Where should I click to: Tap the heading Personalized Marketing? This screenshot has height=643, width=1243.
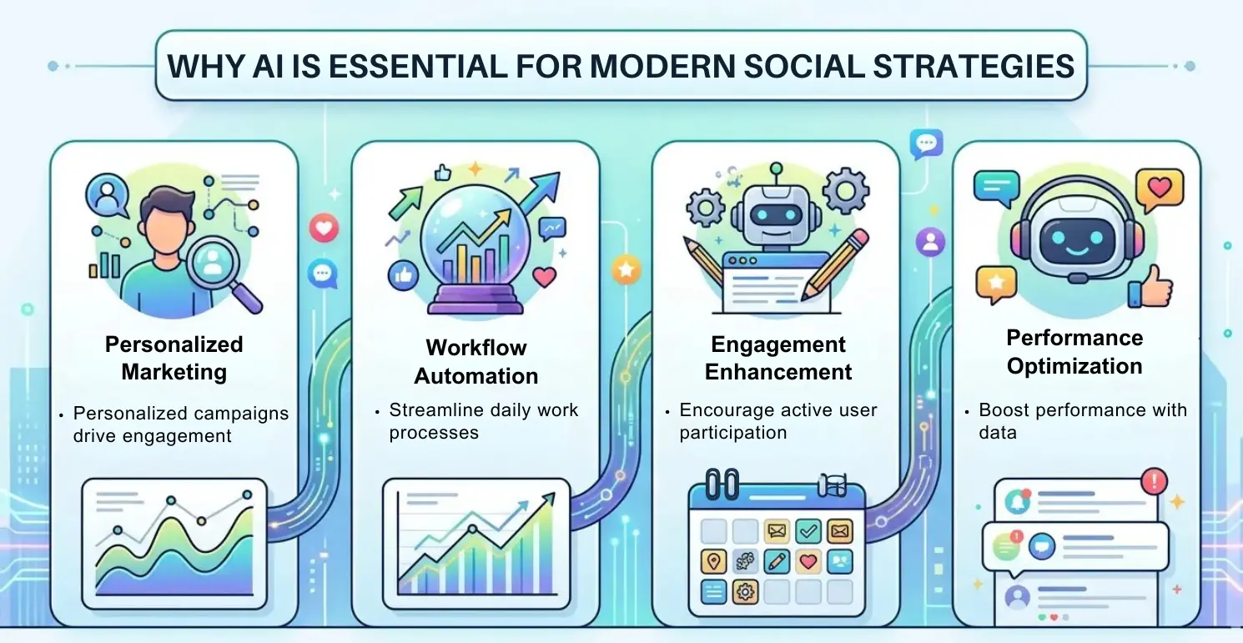(x=174, y=358)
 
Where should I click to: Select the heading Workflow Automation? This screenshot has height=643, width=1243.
(x=476, y=361)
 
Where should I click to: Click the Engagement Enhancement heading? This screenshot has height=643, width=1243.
(x=778, y=358)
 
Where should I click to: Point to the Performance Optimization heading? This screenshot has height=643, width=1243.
(x=1074, y=352)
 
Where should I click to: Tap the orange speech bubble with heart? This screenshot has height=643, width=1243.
(x=1159, y=188)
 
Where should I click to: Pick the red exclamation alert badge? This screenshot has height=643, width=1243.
(x=1153, y=481)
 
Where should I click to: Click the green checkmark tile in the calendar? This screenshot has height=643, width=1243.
(x=808, y=530)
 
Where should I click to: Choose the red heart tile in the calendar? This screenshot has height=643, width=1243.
(x=808, y=561)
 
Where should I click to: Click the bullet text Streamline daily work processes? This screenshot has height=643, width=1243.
(x=484, y=421)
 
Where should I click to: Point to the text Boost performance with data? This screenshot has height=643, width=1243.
(x=1082, y=421)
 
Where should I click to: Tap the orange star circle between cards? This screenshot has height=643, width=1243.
(x=625, y=270)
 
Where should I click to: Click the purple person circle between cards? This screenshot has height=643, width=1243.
(x=929, y=243)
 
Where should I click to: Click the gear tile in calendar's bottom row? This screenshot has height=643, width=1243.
(x=744, y=592)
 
